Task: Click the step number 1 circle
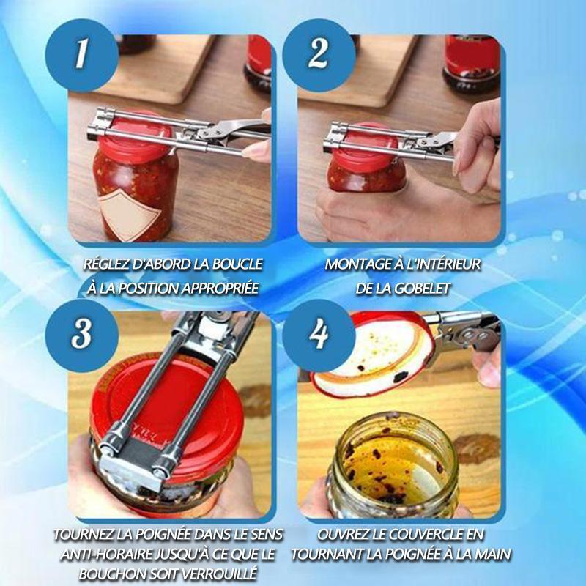[81, 55]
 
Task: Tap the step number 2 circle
[319, 55]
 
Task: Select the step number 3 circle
[81, 335]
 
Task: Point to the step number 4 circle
[319, 335]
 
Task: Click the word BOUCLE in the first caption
[237, 264]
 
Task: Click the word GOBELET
[423, 288]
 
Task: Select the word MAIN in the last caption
[492, 554]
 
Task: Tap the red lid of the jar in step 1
[136, 136]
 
